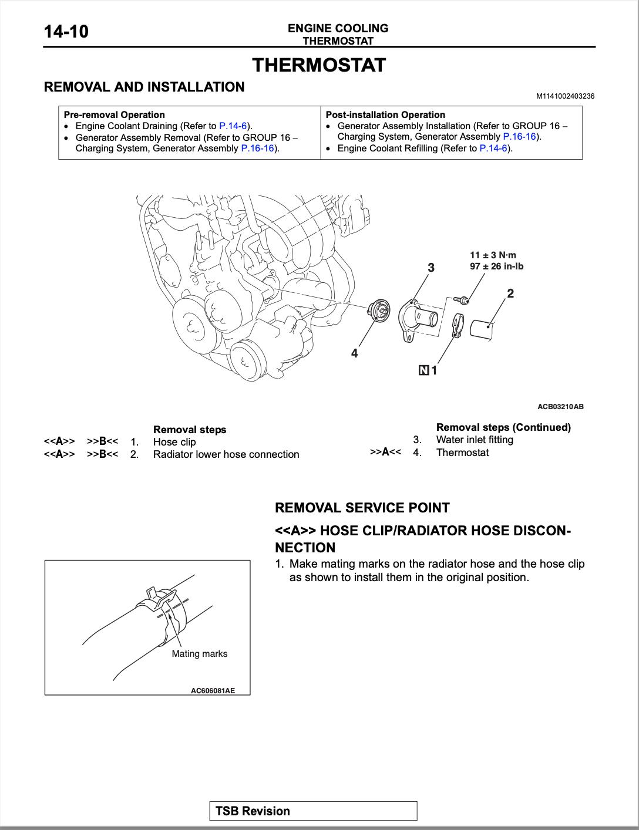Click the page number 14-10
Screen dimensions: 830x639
pyautogui.click(x=66, y=31)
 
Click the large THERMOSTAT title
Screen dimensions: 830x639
pyautogui.click(x=319, y=65)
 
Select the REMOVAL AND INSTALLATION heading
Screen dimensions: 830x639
pyautogui.click(x=144, y=87)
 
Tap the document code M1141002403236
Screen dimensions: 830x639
pyautogui.click(x=565, y=96)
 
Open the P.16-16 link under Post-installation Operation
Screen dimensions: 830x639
pyautogui.click(x=520, y=137)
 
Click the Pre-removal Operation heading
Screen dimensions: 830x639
pyautogui.click(x=114, y=114)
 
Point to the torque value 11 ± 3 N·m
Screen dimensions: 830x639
pyautogui.click(x=493, y=255)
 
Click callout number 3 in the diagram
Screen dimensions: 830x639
pyautogui.click(x=431, y=268)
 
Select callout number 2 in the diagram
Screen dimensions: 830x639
pyautogui.click(x=510, y=293)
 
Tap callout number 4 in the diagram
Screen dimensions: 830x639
pyautogui.click(x=354, y=353)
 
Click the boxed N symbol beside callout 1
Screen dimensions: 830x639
pyautogui.click(x=423, y=370)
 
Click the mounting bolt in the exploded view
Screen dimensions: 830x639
pyautogui.click(x=461, y=300)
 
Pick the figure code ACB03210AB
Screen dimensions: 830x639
pyautogui.click(x=560, y=406)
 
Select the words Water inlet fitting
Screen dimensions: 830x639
pyautogui.click(x=475, y=440)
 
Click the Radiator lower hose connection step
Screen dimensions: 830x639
pyautogui.click(x=226, y=454)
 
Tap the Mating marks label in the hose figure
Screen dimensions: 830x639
pyautogui.click(x=199, y=653)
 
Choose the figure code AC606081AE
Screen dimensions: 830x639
pyautogui.click(x=213, y=690)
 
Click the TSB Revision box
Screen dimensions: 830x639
pyautogui.click(x=313, y=811)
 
